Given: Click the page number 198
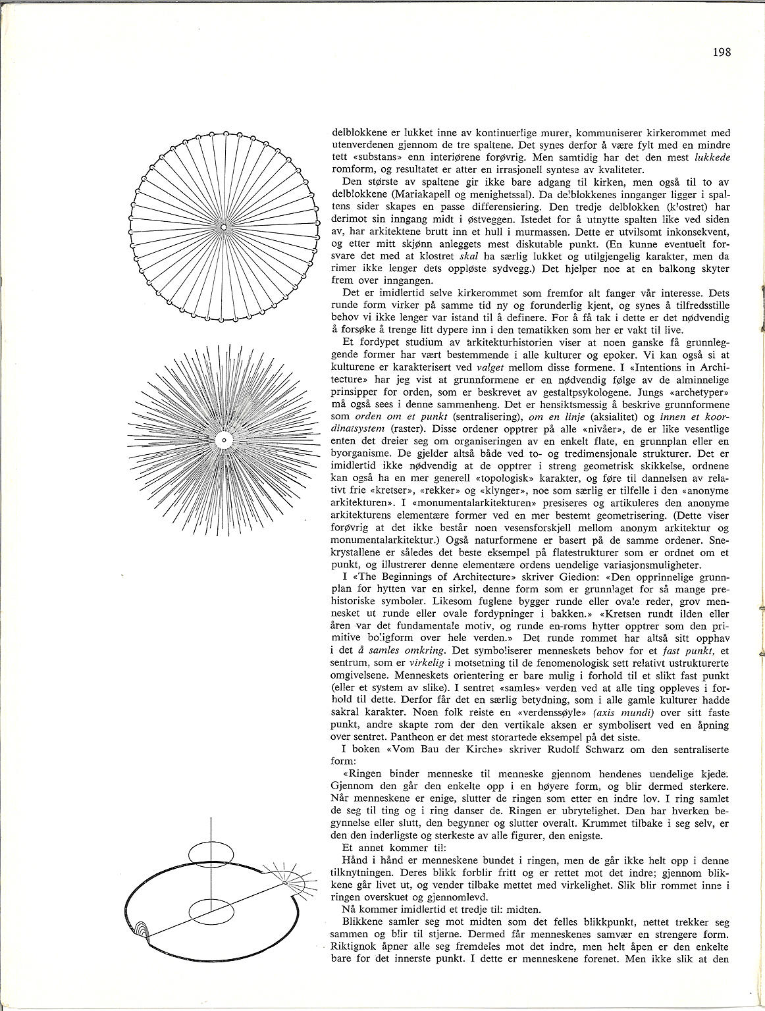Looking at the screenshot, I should (x=722, y=53).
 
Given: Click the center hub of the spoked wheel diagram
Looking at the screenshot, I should (x=224, y=227).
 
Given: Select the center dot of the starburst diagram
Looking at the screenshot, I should (x=223, y=439).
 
